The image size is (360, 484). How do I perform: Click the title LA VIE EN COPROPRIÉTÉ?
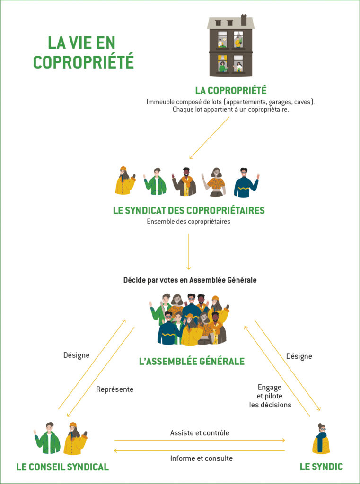83,52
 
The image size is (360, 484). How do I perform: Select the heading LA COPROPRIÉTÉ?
231,90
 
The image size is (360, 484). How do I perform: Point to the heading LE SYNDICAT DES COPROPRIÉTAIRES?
189,210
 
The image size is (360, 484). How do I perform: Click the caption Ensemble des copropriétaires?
189,221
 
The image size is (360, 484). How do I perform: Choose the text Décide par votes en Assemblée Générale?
190,280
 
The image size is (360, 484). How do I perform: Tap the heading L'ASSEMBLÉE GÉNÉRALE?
192,362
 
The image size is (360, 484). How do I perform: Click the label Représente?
114,389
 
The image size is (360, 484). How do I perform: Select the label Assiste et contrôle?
200,432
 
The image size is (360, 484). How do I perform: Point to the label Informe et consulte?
201,458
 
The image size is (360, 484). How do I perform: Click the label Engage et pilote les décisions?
270,396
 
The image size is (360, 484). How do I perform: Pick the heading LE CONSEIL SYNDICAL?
62,467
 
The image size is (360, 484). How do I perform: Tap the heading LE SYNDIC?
321,467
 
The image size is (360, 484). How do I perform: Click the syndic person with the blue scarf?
321,440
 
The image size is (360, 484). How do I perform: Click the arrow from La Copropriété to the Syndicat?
209,138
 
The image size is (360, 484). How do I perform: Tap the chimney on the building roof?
244,19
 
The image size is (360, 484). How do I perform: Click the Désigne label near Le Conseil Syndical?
76,355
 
